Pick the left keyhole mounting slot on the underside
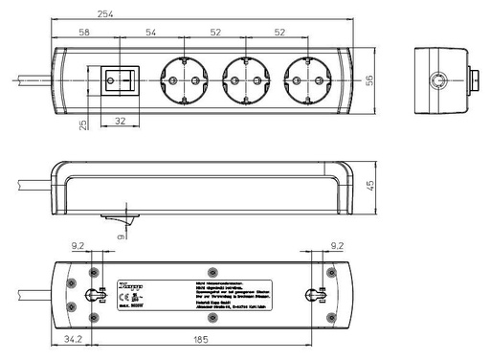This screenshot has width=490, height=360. tap(94, 296)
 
